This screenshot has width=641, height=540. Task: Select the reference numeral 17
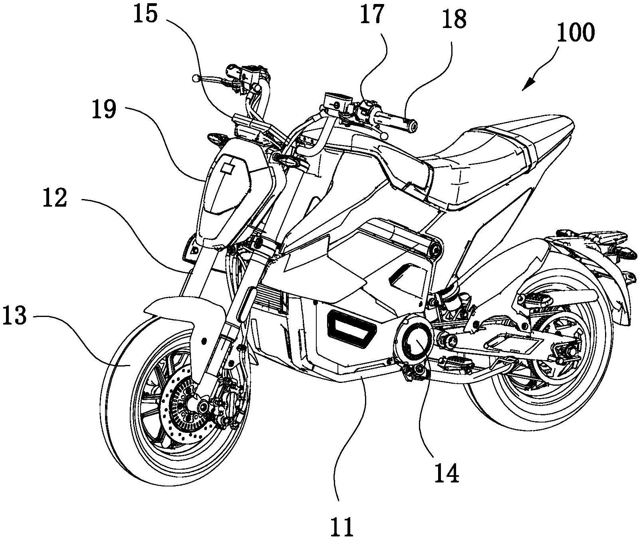[371, 15]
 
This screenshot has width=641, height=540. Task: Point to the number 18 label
[453, 19]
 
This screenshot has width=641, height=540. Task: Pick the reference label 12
[55, 197]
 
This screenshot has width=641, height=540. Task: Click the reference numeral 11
[342, 526]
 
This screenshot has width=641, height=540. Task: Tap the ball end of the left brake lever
[195, 78]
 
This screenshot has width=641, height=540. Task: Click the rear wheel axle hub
[569, 352]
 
